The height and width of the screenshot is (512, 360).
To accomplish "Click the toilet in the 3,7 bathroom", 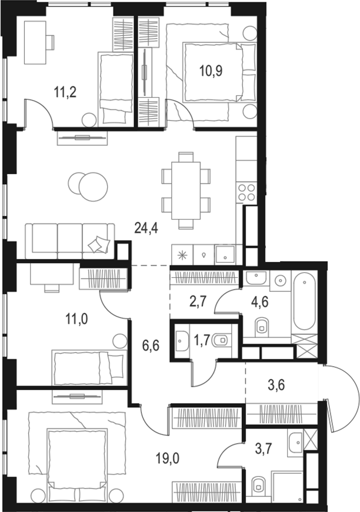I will pyautogui.click(x=259, y=486).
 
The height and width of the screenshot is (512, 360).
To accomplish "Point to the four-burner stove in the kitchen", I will pyautogui.click(x=246, y=192).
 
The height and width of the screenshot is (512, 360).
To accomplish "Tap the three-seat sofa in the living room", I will pyautogui.click(x=69, y=240).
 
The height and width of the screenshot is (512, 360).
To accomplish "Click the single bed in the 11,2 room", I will pyautogui.click(x=114, y=88).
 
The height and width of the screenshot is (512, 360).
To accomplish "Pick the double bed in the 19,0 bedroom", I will pyautogui.click(x=76, y=459).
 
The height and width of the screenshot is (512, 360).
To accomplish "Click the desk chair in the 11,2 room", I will pyautogui.click(x=49, y=42).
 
